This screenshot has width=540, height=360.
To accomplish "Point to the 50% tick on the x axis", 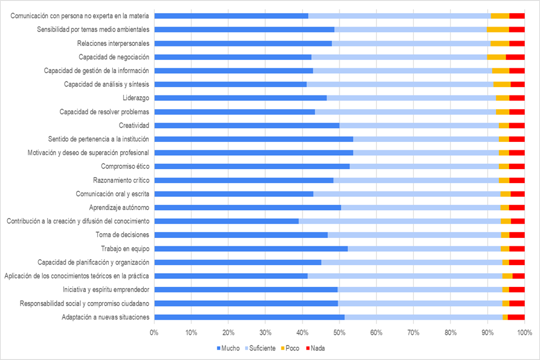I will click(x=339, y=332).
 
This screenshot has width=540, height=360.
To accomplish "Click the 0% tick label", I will click(x=155, y=332).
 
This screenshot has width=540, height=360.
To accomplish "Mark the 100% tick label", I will click(x=524, y=332).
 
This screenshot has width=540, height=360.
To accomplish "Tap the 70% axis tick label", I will click(x=413, y=332).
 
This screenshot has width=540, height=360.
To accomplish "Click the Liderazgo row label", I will click(x=136, y=98).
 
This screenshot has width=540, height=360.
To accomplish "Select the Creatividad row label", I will click(x=134, y=125).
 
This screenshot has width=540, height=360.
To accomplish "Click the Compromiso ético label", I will click(x=125, y=166).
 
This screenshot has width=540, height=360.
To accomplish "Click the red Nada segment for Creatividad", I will click(x=516, y=125).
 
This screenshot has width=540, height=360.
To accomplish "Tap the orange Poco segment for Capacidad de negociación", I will click(x=496, y=57).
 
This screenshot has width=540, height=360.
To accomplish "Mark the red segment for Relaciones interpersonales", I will click(x=516, y=43).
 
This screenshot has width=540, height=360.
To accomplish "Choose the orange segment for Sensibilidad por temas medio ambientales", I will click(x=498, y=29).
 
